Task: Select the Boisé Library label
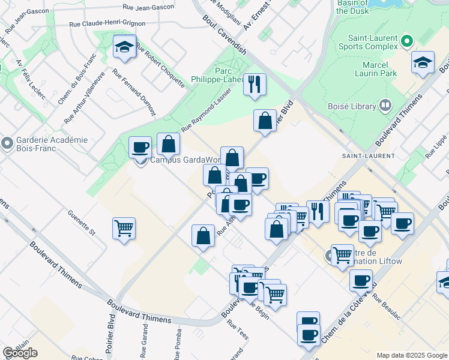pyautogui.click(x=352, y=106)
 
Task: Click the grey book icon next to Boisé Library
pyautogui.click(x=385, y=106)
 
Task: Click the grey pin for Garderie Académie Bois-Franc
pyautogui.click(x=7, y=144)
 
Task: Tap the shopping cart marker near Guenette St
pyautogui.click(x=124, y=228)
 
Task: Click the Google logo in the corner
pyautogui.click(x=20, y=352)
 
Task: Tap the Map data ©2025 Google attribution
pyautogui.click(x=411, y=355)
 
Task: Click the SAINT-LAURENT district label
pyautogui.click(x=368, y=156)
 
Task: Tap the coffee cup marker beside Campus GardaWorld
pyautogui.click(x=140, y=147)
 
